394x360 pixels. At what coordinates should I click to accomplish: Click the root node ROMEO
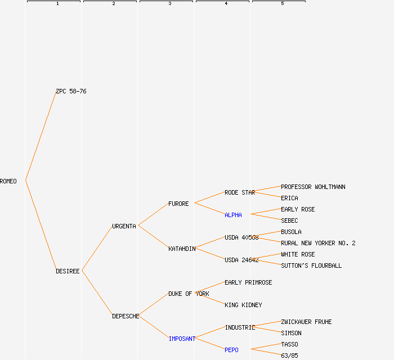pyautogui.click(x=8, y=181)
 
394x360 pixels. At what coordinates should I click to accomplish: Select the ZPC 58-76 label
pyautogui.click(x=71, y=91)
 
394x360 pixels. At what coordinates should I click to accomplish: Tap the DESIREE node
pyautogui.click(x=68, y=271)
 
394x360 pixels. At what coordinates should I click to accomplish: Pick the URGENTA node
pyautogui.click(x=124, y=226)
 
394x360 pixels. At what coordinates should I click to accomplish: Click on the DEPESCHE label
pyautogui.click(x=126, y=316)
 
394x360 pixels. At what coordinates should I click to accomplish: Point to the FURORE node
pyautogui.click(x=178, y=204)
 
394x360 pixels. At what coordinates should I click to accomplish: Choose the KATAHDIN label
pyautogui.click(x=182, y=249)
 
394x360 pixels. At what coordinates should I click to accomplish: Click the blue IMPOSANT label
pyautogui.click(x=182, y=339)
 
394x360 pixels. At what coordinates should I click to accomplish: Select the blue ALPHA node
pyautogui.click(x=233, y=215)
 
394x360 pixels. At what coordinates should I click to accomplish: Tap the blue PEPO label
pyautogui.click(x=231, y=350)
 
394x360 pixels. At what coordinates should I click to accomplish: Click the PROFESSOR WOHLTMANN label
pyautogui.click(x=313, y=187)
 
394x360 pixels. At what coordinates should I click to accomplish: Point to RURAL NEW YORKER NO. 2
pyautogui.click(x=318, y=243)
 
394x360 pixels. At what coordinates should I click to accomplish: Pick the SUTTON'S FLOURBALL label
pyautogui.click(x=311, y=265)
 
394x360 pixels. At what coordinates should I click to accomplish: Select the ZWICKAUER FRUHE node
pyautogui.click(x=306, y=322)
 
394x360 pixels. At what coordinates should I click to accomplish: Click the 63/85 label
pyautogui.click(x=289, y=355)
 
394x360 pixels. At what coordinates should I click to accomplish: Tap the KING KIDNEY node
pyautogui.click(x=243, y=305)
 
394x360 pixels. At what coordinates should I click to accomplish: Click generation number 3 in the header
pyautogui.click(x=169, y=4)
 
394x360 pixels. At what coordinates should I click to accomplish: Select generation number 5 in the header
pyautogui.click(x=282, y=4)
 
